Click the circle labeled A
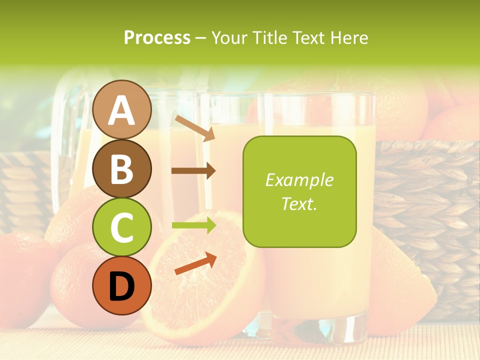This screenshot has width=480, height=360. pyautogui.click(x=122, y=109)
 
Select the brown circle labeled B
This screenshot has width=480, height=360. pyautogui.click(x=122, y=168)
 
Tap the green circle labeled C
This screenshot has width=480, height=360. pyautogui.click(x=122, y=227)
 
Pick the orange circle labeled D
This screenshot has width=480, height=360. pyautogui.click(x=122, y=286)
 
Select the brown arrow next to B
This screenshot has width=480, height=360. pyautogui.click(x=193, y=170)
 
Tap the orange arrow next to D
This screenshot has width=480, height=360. pyautogui.click(x=195, y=264)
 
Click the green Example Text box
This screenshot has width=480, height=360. pyautogui.click(x=299, y=191)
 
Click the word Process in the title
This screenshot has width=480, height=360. pyautogui.click(x=157, y=37)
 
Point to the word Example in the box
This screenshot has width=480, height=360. pyautogui.click(x=299, y=180)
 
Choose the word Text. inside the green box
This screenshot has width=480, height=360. pyautogui.click(x=299, y=204)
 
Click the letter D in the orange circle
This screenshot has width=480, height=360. pyautogui.click(x=122, y=286)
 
